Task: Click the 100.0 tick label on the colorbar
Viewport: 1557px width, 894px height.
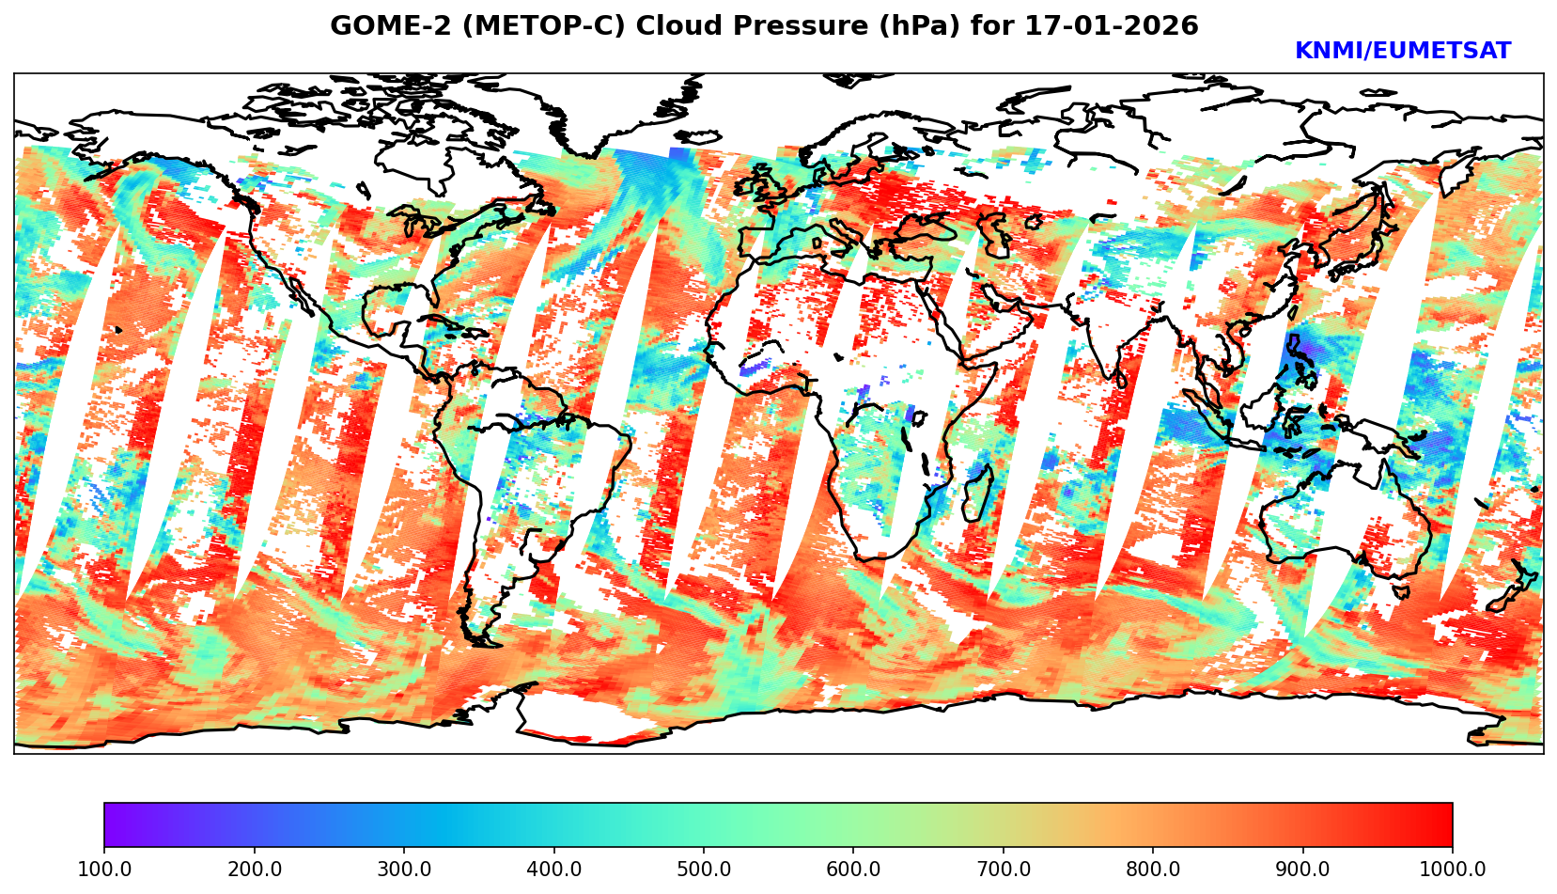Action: (104, 869)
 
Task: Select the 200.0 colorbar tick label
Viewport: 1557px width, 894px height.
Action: (254, 869)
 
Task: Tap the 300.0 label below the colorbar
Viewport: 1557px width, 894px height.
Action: (404, 869)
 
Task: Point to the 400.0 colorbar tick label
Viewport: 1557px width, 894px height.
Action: (553, 869)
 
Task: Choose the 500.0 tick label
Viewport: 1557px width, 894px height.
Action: (704, 869)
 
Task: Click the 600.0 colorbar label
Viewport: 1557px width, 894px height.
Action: (853, 869)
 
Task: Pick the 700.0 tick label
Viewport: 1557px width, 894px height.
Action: (1004, 869)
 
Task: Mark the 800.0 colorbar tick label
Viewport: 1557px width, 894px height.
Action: (1153, 869)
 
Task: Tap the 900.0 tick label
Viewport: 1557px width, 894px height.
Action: (1303, 869)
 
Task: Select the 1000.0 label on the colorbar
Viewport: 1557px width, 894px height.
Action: (1453, 869)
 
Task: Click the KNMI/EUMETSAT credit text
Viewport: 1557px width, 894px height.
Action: (1402, 52)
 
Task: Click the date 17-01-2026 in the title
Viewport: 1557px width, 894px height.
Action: (1112, 26)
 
